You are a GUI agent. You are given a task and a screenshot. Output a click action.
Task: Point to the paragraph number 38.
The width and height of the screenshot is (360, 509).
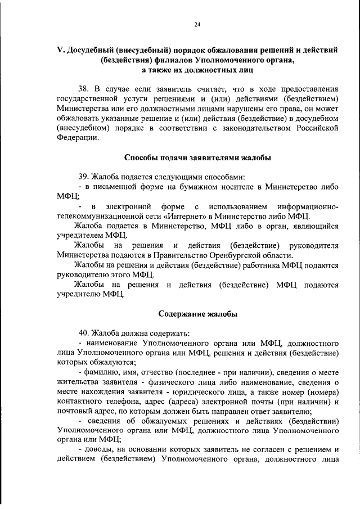84,89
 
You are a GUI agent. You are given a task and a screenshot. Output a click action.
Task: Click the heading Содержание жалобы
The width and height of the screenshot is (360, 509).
197,314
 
